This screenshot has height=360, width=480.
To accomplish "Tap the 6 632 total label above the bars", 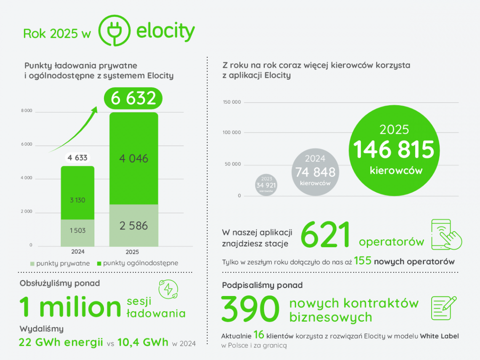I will coord(133,98).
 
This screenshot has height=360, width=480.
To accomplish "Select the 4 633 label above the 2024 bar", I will coord(77,158).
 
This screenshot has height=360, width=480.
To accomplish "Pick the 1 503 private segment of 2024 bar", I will coord(77,231).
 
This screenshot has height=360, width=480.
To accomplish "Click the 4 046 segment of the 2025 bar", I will coord(133,158).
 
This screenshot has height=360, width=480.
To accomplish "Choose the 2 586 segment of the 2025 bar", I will coord(133,226).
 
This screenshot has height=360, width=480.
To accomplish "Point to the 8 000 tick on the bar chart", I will coord(27,111).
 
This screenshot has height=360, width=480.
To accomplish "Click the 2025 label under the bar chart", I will coord(132,252).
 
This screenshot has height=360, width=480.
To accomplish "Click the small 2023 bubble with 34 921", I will coord(266,184).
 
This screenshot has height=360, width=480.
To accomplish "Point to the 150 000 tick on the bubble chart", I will coord(231,102).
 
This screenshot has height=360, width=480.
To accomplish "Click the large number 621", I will coord(326,235).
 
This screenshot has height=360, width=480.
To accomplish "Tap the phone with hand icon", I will coord(446,234).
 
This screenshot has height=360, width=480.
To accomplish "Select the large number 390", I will coord(250,309).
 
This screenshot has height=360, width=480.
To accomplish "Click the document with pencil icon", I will coord(443,307).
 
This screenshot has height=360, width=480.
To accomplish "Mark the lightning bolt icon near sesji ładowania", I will coord(168,290).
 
